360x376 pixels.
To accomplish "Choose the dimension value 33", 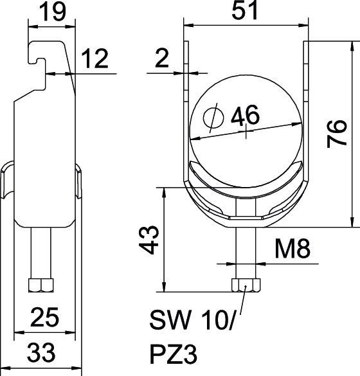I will pyautogui.click(x=42, y=352).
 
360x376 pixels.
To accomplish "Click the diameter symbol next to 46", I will pyautogui.click(x=211, y=118).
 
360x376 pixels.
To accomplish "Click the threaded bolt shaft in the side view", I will pyautogui.click(x=41, y=254).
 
